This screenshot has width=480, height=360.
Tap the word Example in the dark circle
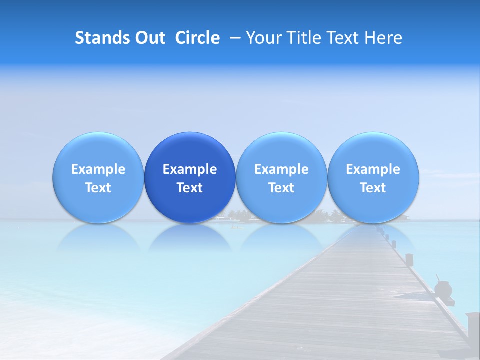pos(190,169)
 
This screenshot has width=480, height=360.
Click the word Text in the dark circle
pos(190,188)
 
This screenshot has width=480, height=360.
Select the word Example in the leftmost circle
pos(98,169)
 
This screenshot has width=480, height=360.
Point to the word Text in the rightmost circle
pos(373,188)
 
